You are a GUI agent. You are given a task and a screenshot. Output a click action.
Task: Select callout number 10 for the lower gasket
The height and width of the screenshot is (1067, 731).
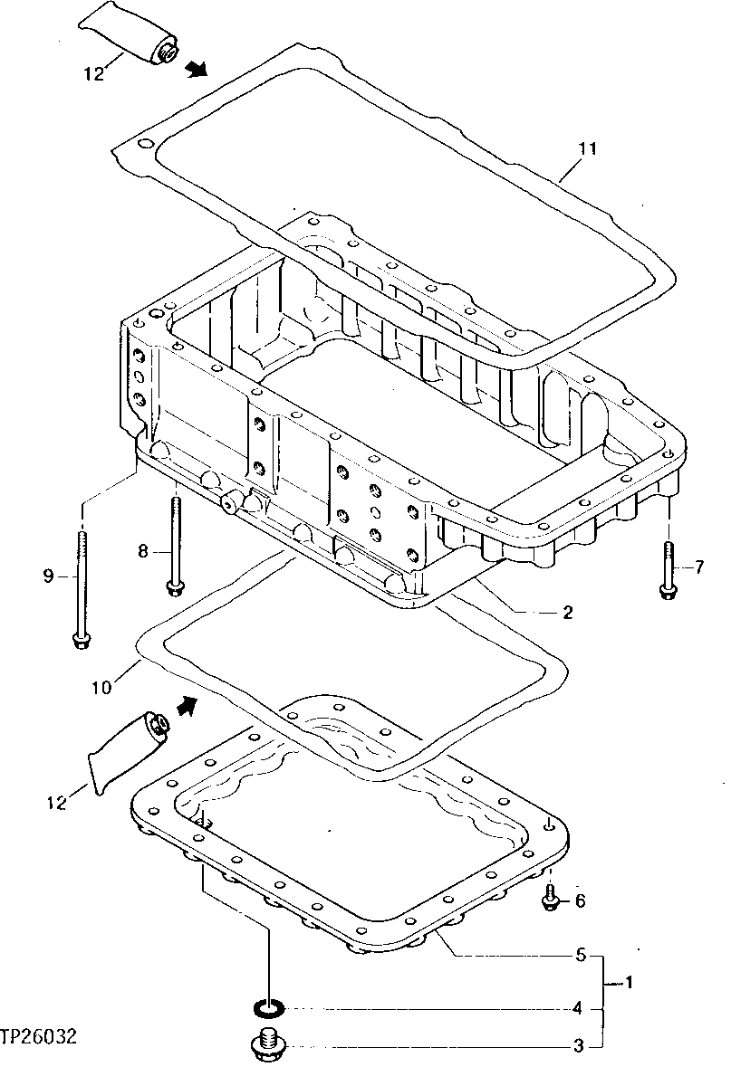tap(101, 687)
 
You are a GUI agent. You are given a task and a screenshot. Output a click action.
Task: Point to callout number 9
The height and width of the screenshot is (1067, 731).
tap(50, 576)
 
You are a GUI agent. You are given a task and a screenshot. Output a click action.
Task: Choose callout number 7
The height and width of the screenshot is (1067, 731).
tap(698, 567)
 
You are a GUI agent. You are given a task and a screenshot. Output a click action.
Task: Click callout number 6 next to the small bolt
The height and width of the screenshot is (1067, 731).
tap(580, 900)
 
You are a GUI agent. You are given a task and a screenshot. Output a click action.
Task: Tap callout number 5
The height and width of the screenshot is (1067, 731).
tap(581, 955)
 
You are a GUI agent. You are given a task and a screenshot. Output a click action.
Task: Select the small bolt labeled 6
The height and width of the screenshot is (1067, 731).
tap(551, 898)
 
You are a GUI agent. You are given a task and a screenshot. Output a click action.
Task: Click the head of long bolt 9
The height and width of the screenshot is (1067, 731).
tap(81, 641)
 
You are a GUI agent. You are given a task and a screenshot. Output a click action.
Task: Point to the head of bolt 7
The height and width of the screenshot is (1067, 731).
tap(668, 591)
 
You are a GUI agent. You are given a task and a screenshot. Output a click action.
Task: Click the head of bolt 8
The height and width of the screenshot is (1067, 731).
tap(174, 589)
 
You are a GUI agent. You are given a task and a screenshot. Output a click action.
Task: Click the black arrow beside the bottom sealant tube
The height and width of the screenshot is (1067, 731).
tap(188, 704)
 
